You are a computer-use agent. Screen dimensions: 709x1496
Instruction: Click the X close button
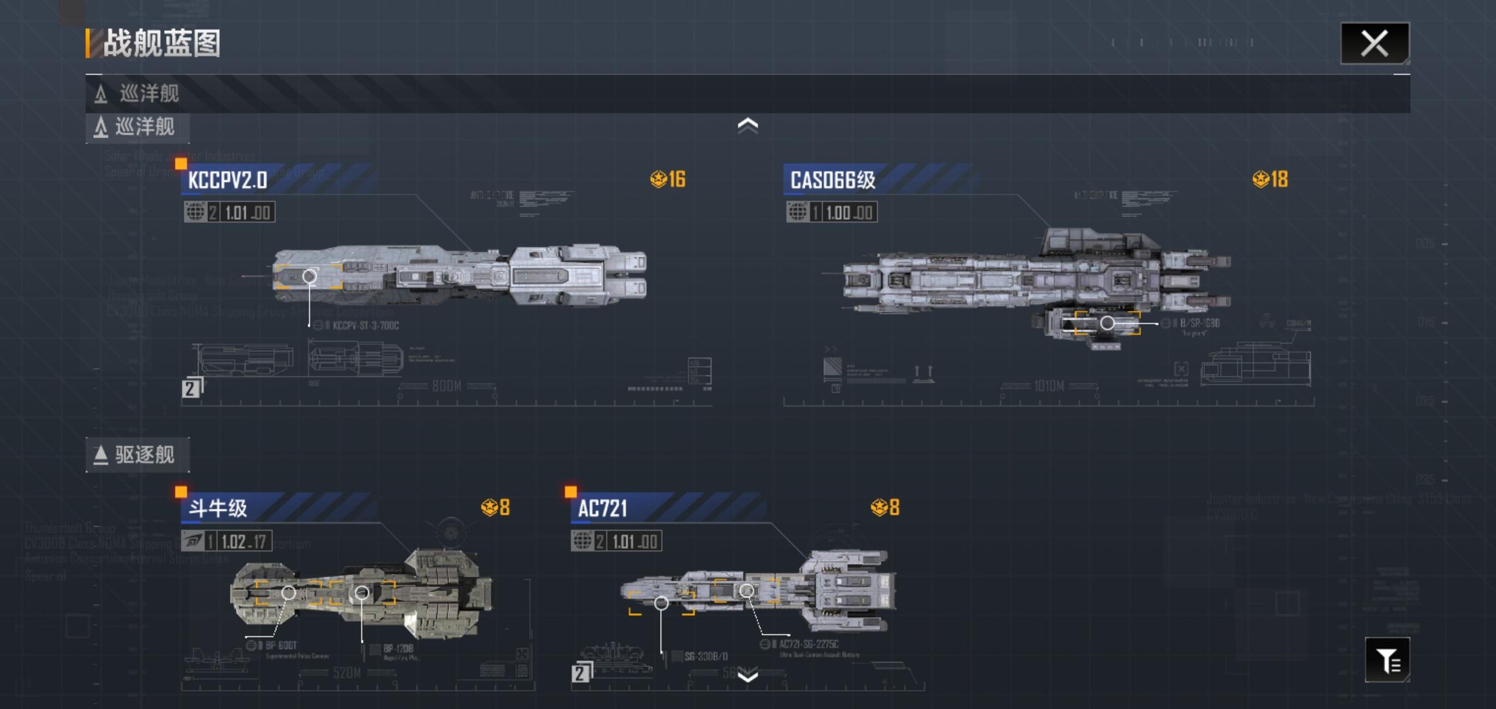(x=1374, y=43)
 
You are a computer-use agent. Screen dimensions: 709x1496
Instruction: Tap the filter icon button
(x=1387, y=660)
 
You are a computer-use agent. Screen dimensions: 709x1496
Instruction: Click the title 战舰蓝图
(x=161, y=44)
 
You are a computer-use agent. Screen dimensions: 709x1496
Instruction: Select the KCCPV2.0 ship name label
(x=228, y=180)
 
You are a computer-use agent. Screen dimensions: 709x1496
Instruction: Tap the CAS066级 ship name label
(x=833, y=180)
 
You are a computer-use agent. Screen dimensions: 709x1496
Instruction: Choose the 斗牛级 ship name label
(x=218, y=508)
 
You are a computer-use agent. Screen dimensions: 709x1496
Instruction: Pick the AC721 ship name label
(x=602, y=508)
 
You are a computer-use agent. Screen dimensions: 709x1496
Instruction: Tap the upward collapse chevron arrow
(x=747, y=125)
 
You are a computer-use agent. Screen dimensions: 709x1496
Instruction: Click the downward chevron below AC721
(x=747, y=676)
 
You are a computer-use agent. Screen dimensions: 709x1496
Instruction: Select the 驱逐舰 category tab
(x=137, y=455)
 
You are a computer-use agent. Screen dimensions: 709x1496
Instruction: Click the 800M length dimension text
(x=446, y=386)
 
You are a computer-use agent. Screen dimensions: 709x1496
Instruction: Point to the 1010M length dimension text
(x=1049, y=386)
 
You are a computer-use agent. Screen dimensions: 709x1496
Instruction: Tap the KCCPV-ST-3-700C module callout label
(x=365, y=326)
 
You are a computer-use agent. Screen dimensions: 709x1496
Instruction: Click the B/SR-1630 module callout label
(x=1199, y=323)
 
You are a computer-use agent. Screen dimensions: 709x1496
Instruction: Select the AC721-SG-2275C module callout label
(x=808, y=645)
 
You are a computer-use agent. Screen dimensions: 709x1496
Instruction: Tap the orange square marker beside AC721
(x=571, y=492)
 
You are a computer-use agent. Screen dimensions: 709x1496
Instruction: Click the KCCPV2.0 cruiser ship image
(x=459, y=276)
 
